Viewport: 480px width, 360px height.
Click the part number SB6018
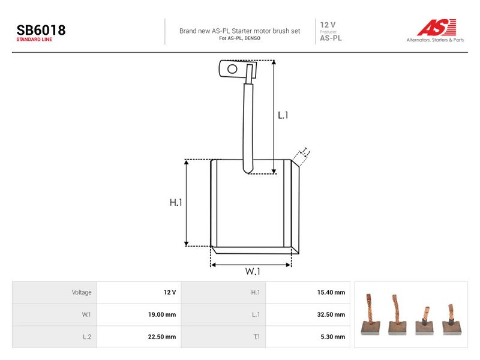[41, 30]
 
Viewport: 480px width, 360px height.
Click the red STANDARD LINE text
[34, 40]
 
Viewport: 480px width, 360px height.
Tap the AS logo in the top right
[437, 28]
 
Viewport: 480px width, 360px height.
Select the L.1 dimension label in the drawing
[283, 115]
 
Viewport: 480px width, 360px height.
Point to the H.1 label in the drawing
[176, 202]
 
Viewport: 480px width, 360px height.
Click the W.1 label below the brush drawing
[253, 271]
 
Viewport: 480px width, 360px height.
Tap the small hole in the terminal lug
[232, 69]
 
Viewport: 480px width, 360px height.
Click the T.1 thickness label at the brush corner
[305, 152]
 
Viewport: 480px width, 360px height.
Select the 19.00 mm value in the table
[162, 314]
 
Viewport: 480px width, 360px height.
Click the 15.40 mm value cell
[331, 292]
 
